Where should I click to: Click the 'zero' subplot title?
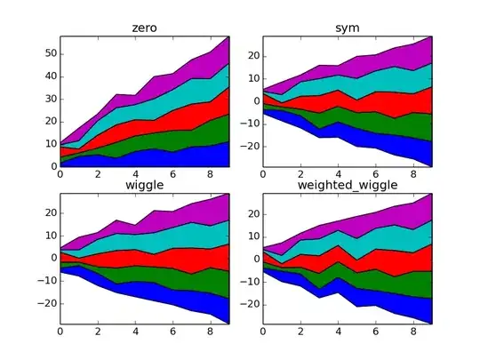click(x=144, y=28)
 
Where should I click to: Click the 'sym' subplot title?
click(x=348, y=28)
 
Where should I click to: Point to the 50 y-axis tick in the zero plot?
click(x=50, y=53)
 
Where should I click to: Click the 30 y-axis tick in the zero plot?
click(x=50, y=99)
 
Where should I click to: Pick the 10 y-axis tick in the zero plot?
click(x=50, y=144)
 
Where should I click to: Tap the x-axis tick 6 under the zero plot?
click(x=173, y=175)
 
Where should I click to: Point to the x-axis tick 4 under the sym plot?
click(x=338, y=175)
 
